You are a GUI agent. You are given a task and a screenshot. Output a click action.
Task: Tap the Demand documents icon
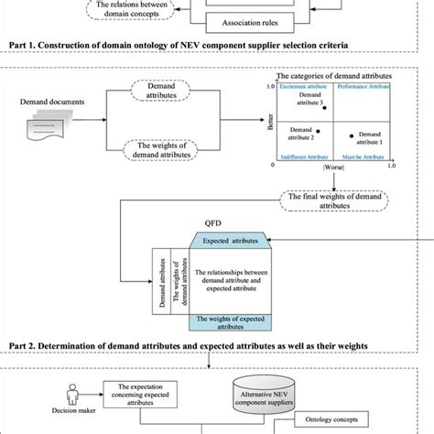(x=49, y=135)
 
